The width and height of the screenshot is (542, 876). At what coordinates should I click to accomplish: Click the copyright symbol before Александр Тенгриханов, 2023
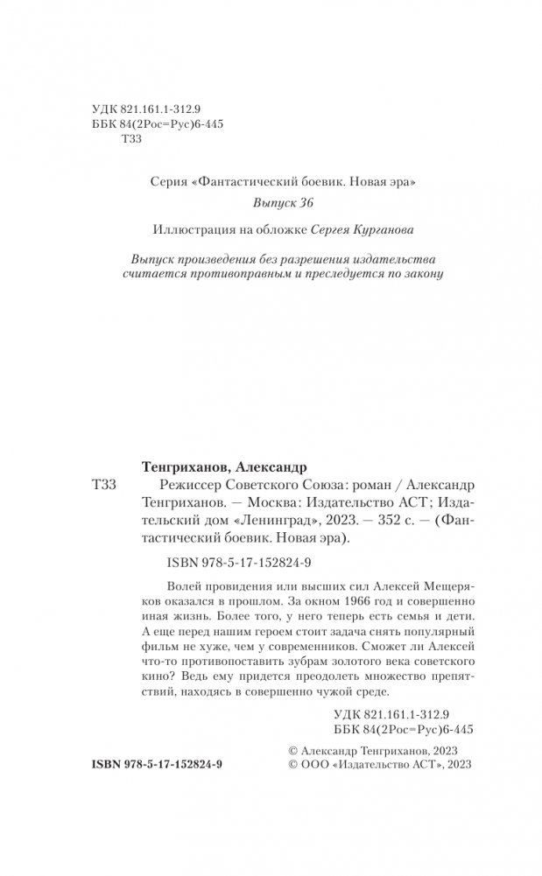click(292, 749)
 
